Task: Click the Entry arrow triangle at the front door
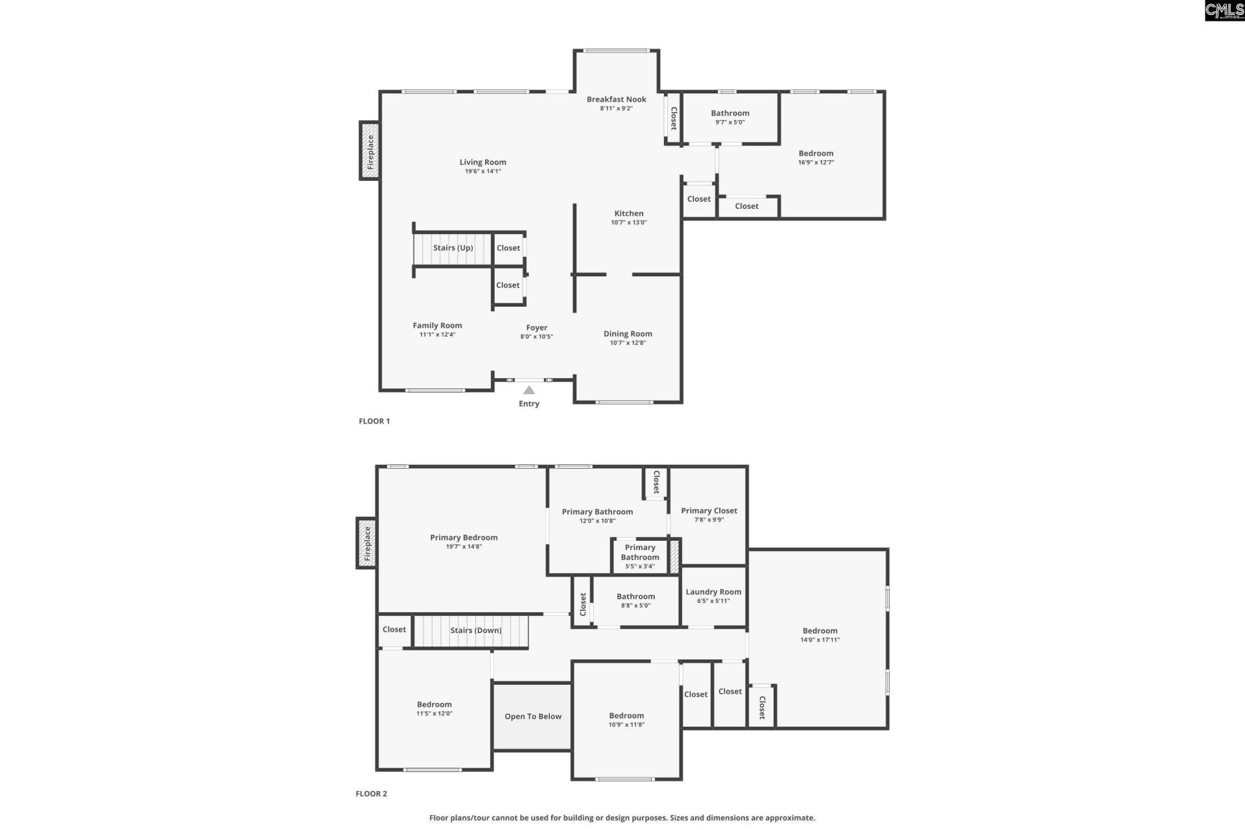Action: pyautogui.click(x=529, y=390)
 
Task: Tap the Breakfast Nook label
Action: pyautogui.click(x=616, y=99)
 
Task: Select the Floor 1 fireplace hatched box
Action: pyautogui.click(x=370, y=151)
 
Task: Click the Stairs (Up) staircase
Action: pyautogui.click(x=453, y=248)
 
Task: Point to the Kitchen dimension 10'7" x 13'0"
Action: pyautogui.click(x=628, y=222)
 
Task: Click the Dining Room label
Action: pyautogui.click(x=628, y=334)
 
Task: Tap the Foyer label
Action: pyautogui.click(x=536, y=327)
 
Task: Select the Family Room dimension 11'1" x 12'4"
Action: pyautogui.click(x=437, y=335)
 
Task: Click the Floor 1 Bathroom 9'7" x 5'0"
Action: pyautogui.click(x=730, y=117)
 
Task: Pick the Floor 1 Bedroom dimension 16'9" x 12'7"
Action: pyautogui.click(x=816, y=163)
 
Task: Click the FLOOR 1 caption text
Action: pyautogui.click(x=374, y=421)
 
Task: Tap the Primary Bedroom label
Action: pyautogui.click(x=464, y=538)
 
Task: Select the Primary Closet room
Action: pyautogui.click(x=709, y=515)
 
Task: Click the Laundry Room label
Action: pyautogui.click(x=713, y=591)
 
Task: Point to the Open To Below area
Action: pyautogui.click(x=533, y=717)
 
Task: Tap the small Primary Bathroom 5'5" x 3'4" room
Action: pyautogui.click(x=640, y=556)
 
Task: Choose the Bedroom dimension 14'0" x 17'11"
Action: pyautogui.click(x=820, y=640)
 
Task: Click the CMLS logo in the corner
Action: pyautogui.click(x=1224, y=10)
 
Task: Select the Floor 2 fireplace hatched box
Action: pyautogui.click(x=366, y=543)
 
